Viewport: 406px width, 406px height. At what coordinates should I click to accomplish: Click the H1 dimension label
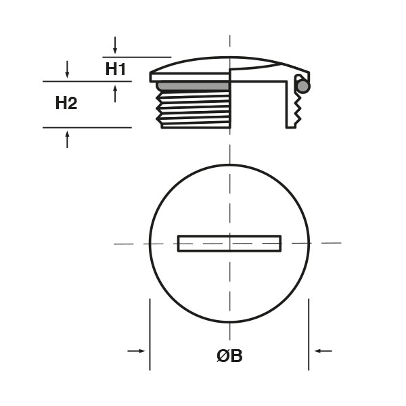116,69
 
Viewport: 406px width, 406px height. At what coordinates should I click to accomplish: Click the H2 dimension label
66,103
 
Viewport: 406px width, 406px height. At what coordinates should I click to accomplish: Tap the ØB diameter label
229,356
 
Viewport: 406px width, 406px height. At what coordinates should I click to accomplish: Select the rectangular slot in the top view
229,244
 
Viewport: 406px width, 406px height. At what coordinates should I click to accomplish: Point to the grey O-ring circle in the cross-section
303,86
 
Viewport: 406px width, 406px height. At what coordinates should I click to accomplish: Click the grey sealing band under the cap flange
193,87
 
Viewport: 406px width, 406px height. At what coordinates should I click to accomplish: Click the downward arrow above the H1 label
115,45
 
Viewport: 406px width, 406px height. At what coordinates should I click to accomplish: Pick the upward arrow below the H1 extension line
115,94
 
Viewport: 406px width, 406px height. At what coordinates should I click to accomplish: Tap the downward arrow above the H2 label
67,70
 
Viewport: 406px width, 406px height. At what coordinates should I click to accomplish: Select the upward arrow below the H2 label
67,139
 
